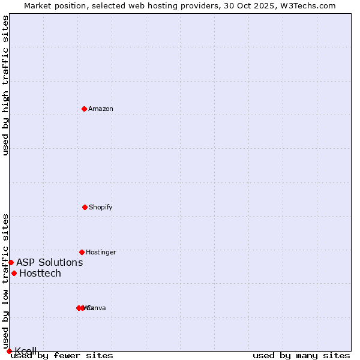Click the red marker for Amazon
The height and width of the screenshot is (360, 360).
[x=85, y=109]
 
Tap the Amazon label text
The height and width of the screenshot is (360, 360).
[x=101, y=109]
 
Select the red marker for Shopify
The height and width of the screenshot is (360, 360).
[x=85, y=207]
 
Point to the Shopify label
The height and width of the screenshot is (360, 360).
[x=101, y=207]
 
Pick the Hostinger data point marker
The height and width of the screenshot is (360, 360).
[x=82, y=252]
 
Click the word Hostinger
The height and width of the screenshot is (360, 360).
[x=101, y=252]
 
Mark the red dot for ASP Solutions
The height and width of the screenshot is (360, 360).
[x=11, y=262]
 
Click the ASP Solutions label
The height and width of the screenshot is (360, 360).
[x=49, y=262]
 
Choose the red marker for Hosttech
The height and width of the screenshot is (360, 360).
[x=14, y=273]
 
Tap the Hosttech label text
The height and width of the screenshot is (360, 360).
[x=40, y=273]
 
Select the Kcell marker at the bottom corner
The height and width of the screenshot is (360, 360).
[x=9, y=351]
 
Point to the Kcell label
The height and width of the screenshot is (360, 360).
[x=26, y=351]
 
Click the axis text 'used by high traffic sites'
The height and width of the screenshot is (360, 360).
[x=5, y=85]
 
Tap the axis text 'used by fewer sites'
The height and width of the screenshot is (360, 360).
[x=62, y=355]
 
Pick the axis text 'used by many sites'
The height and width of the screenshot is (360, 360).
[x=301, y=355]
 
